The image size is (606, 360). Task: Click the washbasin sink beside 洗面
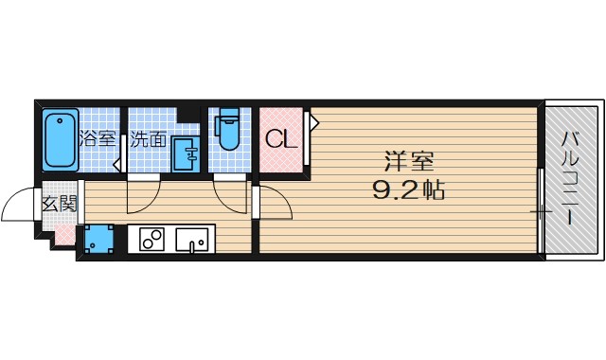(x=187, y=153)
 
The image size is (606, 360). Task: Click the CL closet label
(x=281, y=140)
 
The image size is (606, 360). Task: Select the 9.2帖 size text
(x=407, y=190)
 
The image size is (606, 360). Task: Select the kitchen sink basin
(x=196, y=241)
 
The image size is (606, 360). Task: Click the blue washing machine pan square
(x=97, y=239)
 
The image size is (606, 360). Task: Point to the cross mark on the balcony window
(x=540, y=210)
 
